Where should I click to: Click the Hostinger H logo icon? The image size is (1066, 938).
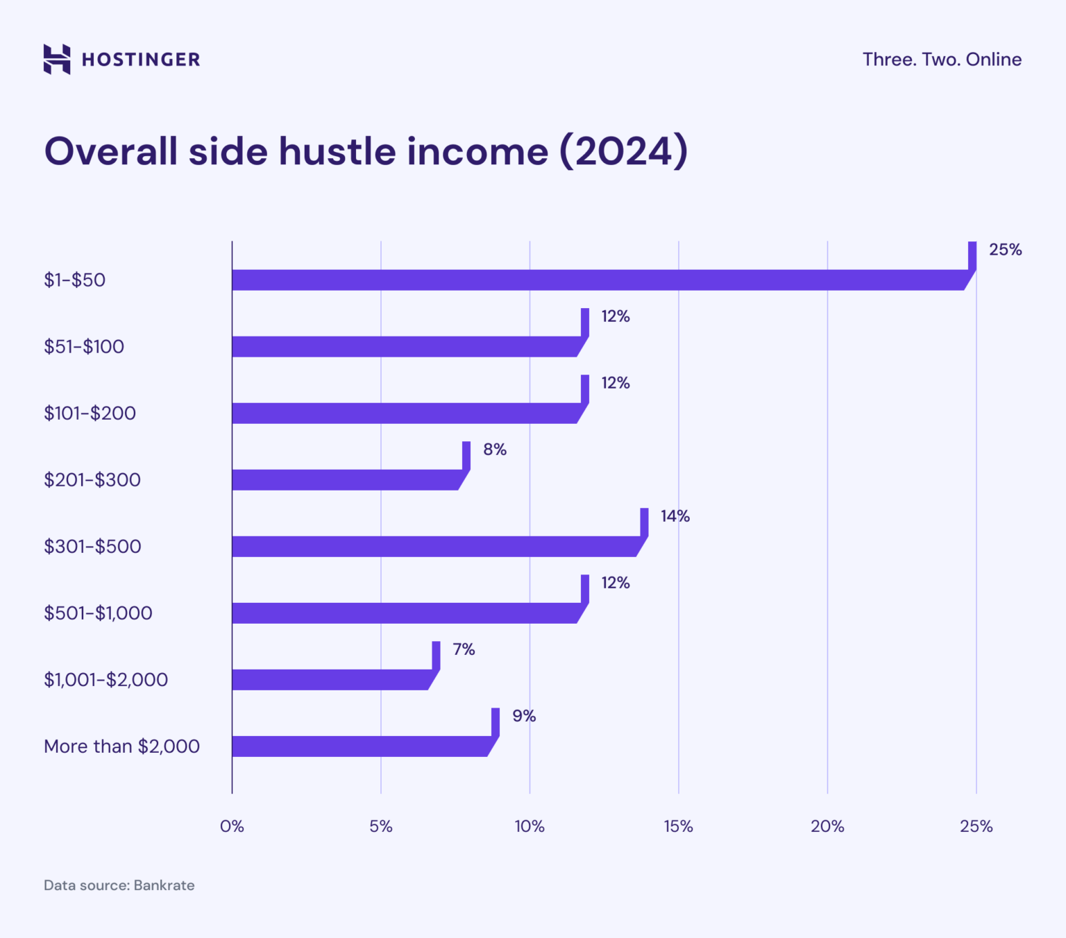pos(57,59)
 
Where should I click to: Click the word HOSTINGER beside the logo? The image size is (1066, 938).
pos(141,60)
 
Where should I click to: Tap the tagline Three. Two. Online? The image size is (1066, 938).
pos(942,60)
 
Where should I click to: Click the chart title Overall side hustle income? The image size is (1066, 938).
pos(366,151)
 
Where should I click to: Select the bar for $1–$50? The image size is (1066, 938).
pos(597,280)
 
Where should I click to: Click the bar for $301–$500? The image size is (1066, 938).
pos(434,547)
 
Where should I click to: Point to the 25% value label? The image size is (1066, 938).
pos(1005,250)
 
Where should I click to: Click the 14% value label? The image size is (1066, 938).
pos(675,516)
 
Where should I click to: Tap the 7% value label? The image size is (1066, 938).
pos(464,649)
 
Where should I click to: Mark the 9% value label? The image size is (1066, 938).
pos(524,716)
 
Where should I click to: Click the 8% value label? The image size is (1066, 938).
pos(495,450)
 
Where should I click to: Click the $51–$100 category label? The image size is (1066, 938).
pos(84,347)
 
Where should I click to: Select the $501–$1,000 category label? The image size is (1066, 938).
pos(98,613)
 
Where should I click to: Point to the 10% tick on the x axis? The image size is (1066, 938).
pos(530,826)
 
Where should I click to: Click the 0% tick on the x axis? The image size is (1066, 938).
pos(232,826)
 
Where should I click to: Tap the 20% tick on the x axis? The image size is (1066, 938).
pos(827,826)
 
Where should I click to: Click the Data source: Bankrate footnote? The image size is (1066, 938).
pos(119,885)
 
